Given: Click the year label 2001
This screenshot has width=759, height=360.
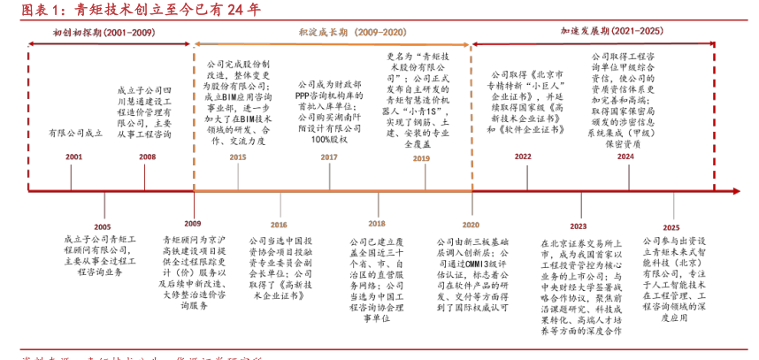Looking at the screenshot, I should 73,156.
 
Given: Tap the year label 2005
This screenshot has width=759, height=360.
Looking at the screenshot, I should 103,226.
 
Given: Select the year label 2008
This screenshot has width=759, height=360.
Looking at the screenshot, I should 147,156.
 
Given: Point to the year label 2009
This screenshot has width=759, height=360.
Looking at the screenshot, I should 192,224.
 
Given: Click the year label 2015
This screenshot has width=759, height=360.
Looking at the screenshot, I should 237,157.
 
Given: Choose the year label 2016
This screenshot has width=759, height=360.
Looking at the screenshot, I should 279,225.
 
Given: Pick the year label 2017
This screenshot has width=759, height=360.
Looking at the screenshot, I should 328,157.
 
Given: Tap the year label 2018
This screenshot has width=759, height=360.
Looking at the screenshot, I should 377,224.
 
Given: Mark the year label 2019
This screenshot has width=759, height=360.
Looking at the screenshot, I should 421,157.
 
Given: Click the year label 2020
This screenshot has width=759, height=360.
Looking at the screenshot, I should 470,225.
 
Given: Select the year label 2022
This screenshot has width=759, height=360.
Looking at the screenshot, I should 523,157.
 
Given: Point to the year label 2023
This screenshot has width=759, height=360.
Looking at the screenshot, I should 578,225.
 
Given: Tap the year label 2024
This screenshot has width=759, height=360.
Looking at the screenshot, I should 625,157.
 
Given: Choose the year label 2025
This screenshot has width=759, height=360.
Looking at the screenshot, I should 671,226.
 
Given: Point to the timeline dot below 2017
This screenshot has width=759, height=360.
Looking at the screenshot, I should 328,188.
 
